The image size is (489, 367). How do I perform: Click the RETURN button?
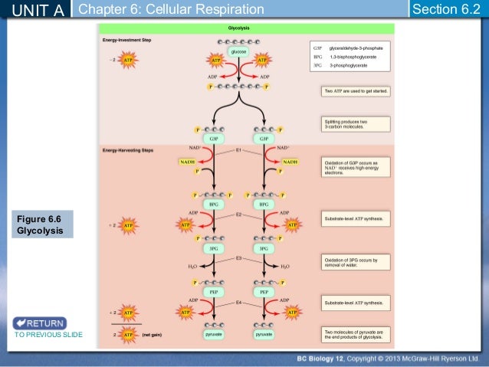(x=39, y=323)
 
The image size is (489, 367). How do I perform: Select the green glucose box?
(x=239, y=51)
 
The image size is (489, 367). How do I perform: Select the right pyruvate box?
(x=264, y=335)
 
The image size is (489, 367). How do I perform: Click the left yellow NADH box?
(x=187, y=162)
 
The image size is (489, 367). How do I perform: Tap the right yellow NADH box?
(x=290, y=162)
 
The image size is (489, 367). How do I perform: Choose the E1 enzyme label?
(x=238, y=150)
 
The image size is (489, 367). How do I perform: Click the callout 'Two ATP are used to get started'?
(x=355, y=91)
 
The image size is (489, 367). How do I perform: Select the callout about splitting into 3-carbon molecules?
(x=355, y=124)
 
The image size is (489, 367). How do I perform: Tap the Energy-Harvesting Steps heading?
(x=128, y=150)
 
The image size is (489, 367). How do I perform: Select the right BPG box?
(x=264, y=205)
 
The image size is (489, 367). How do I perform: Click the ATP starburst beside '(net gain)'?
(x=128, y=335)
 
